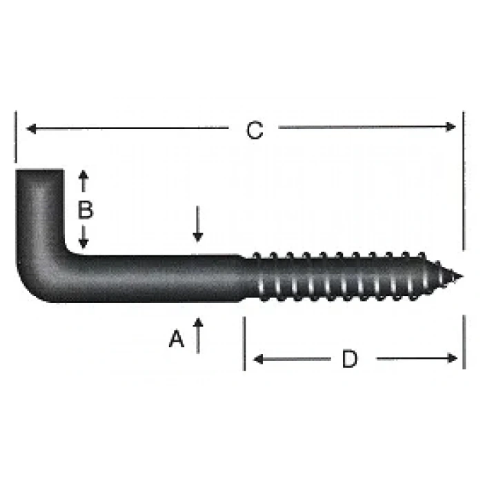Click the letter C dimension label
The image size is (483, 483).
(255, 130)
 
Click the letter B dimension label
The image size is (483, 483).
(84, 210)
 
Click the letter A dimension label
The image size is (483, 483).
(177, 339)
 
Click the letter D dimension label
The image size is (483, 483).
(351, 359)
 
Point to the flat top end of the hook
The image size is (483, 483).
(39, 170)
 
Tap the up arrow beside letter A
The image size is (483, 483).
(198, 324)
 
